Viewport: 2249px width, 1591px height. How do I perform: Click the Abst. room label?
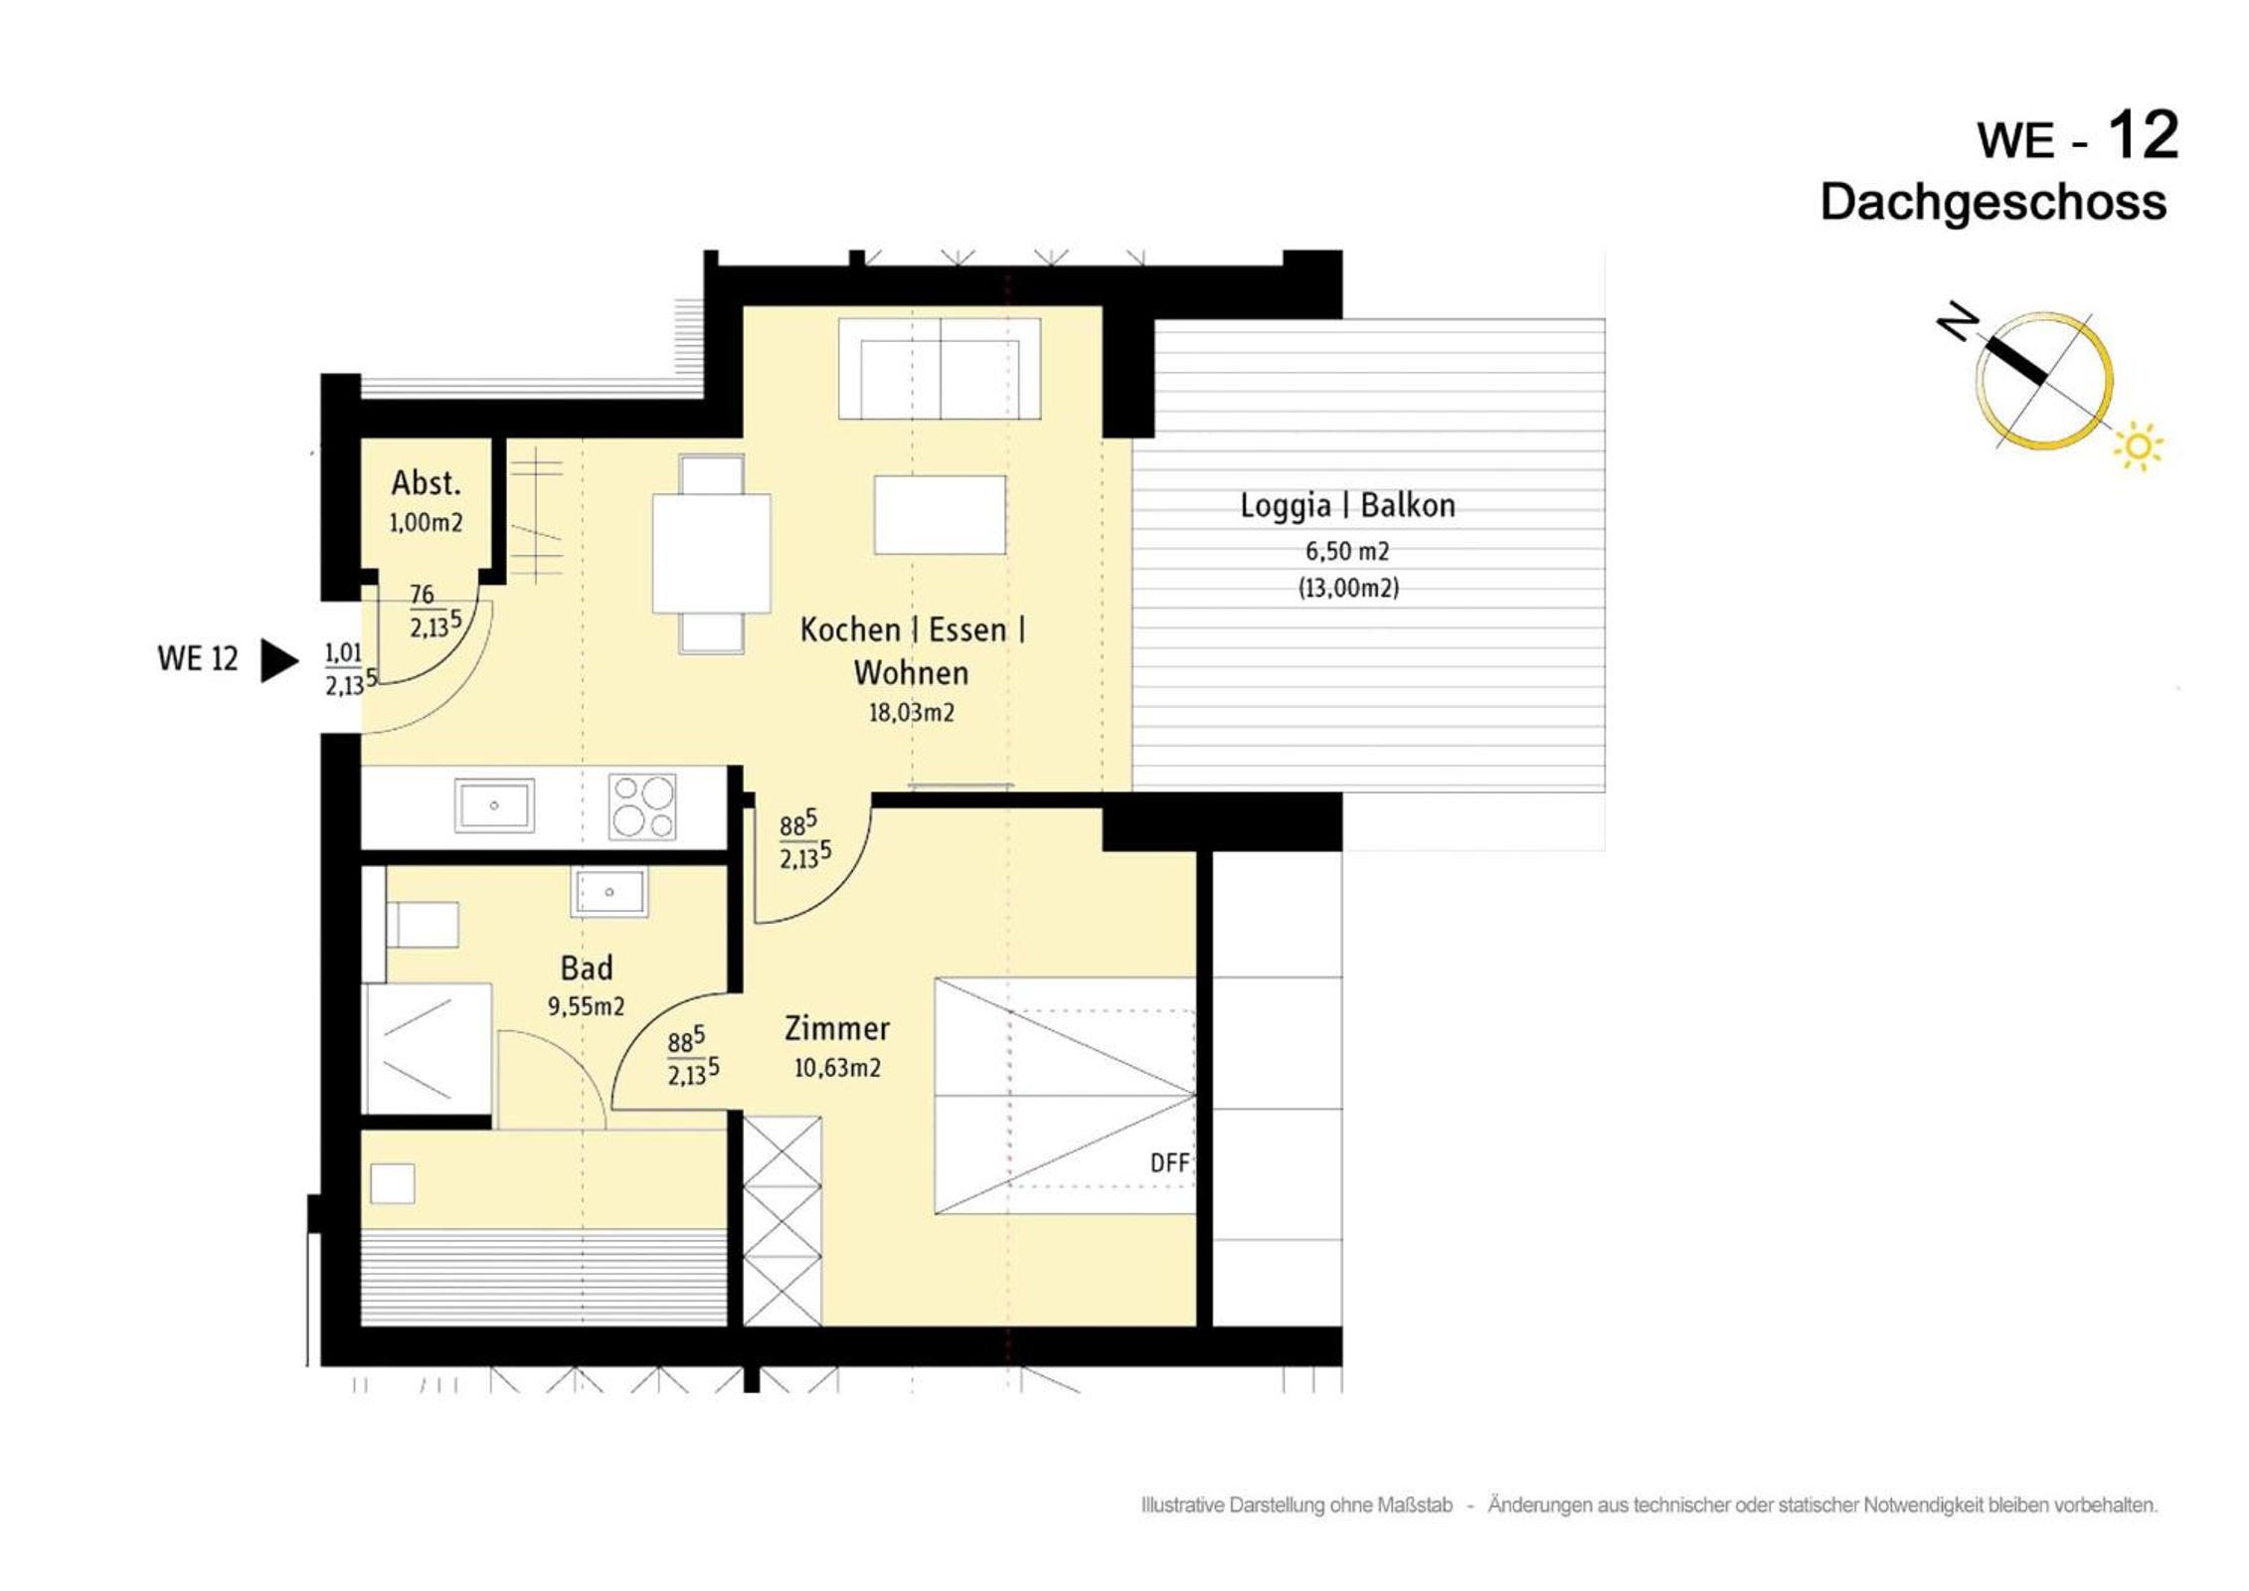426,483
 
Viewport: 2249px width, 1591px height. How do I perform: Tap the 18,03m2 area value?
912,713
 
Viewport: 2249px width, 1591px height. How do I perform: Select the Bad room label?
587,968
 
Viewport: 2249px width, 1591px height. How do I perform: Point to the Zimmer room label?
837,1028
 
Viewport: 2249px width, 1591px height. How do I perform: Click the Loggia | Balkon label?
1348,505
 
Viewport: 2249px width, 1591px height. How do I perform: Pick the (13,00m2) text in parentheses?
1348,588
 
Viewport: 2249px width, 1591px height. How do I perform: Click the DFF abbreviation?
1169,1162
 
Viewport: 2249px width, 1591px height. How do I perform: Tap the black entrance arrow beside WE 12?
279,660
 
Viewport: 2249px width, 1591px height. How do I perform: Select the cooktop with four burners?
643,805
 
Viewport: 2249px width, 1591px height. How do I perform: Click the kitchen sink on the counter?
494,804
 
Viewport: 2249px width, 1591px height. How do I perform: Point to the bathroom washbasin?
608,891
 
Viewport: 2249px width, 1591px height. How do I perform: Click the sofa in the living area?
940,369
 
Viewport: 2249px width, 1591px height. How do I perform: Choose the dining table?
711,553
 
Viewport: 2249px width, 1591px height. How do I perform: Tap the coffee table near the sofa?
940,514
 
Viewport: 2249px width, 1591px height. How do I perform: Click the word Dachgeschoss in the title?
1993,203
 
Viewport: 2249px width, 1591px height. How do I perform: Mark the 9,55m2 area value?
587,1006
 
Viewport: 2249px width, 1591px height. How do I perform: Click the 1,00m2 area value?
426,523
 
